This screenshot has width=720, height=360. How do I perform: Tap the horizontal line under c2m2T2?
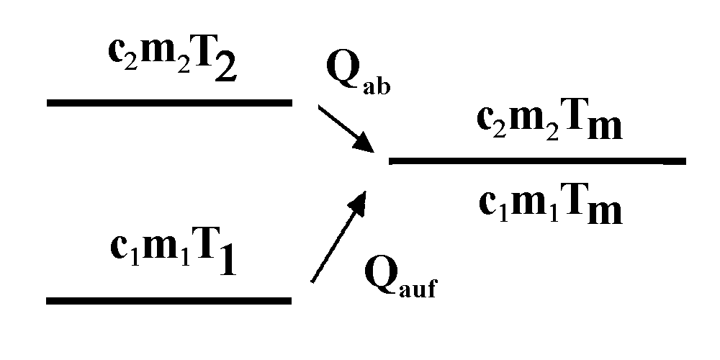(169, 102)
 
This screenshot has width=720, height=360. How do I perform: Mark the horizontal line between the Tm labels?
(537, 161)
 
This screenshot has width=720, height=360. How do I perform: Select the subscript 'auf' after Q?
(418, 289)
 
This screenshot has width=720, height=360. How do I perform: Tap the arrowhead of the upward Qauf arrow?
(360, 201)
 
